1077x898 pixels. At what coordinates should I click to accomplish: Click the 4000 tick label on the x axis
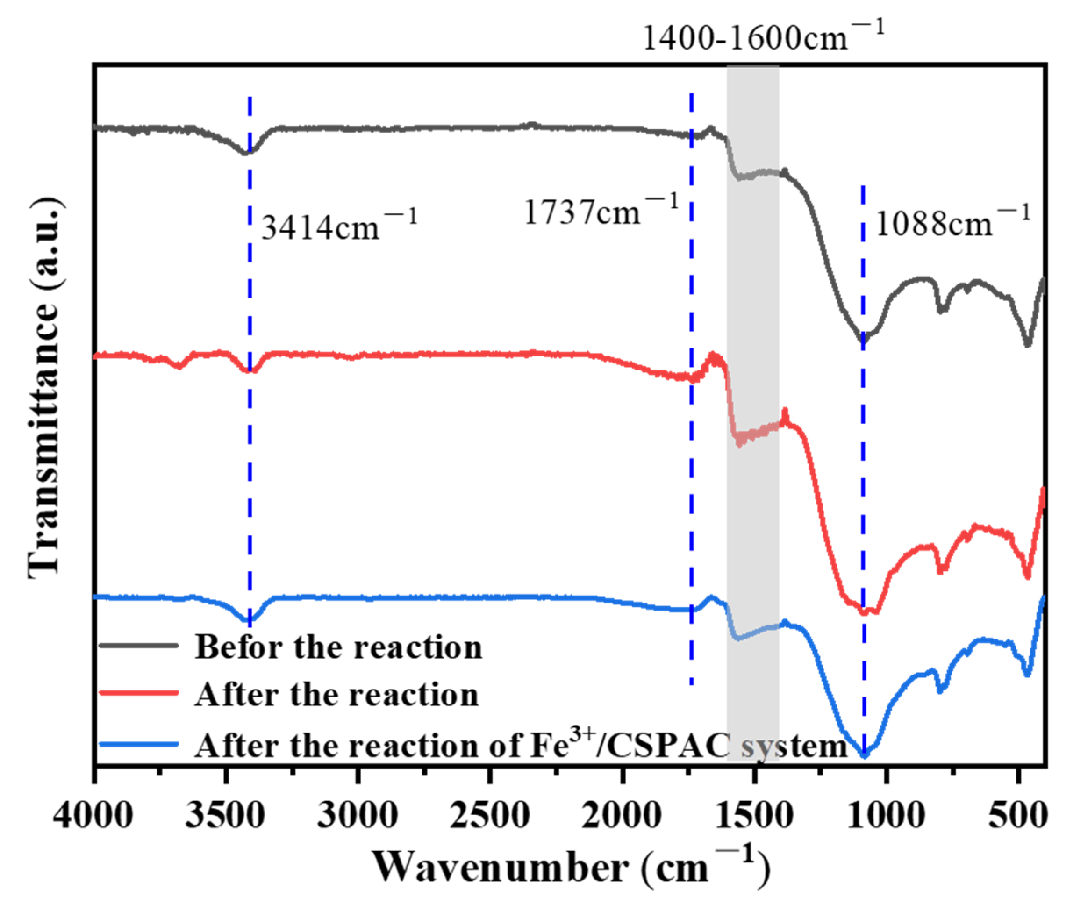tap(93, 815)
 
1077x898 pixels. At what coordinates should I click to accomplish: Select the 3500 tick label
tap(225, 815)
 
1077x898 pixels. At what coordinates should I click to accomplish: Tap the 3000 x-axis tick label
tap(358, 815)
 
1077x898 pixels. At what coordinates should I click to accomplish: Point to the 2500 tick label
tap(490, 815)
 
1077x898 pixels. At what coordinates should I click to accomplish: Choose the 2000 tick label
tap(622, 815)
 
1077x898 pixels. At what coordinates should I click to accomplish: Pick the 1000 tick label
tap(886, 815)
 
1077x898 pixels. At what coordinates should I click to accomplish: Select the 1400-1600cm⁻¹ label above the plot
tap(763, 37)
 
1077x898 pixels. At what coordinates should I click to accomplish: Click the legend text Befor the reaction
tap(339, 647)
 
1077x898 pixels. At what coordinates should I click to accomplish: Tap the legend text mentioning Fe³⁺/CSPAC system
tap(521, 745)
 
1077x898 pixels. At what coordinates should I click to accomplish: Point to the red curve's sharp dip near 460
tap(1027, 577)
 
